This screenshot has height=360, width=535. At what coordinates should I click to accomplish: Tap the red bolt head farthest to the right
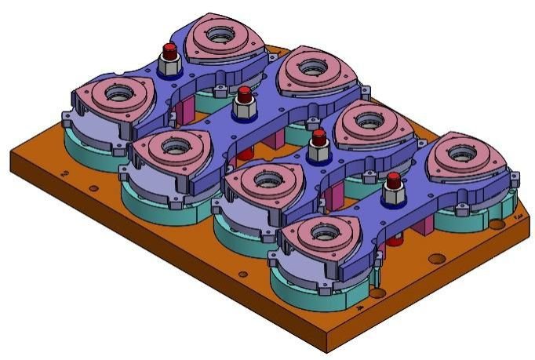393,182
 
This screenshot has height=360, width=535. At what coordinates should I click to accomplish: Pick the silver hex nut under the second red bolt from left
243,107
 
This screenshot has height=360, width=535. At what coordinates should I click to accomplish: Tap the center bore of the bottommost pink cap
324,232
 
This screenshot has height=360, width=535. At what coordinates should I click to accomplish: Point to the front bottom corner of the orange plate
326,351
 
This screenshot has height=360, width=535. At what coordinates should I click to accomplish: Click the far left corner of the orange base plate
11,155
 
